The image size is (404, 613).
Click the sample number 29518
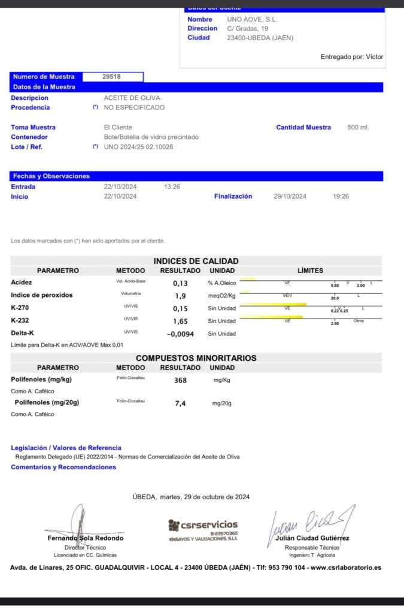112,77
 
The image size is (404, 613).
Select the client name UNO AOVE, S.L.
252,19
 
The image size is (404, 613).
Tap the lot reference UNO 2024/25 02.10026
138,147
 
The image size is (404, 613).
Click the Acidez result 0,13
180,283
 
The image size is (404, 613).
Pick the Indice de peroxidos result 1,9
180,296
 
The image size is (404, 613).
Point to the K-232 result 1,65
180,321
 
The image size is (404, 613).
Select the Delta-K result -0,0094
180,334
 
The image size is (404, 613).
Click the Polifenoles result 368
180,380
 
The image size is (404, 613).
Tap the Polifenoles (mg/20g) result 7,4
180,403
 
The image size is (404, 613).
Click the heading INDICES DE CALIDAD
196,261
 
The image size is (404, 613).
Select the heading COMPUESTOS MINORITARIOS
196,358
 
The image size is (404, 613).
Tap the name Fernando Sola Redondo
86,538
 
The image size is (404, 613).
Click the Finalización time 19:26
341,196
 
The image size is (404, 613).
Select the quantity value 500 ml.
358,128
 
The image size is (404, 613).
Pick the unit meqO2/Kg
221,296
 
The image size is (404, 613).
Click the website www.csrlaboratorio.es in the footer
345,568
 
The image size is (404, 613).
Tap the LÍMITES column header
310,271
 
